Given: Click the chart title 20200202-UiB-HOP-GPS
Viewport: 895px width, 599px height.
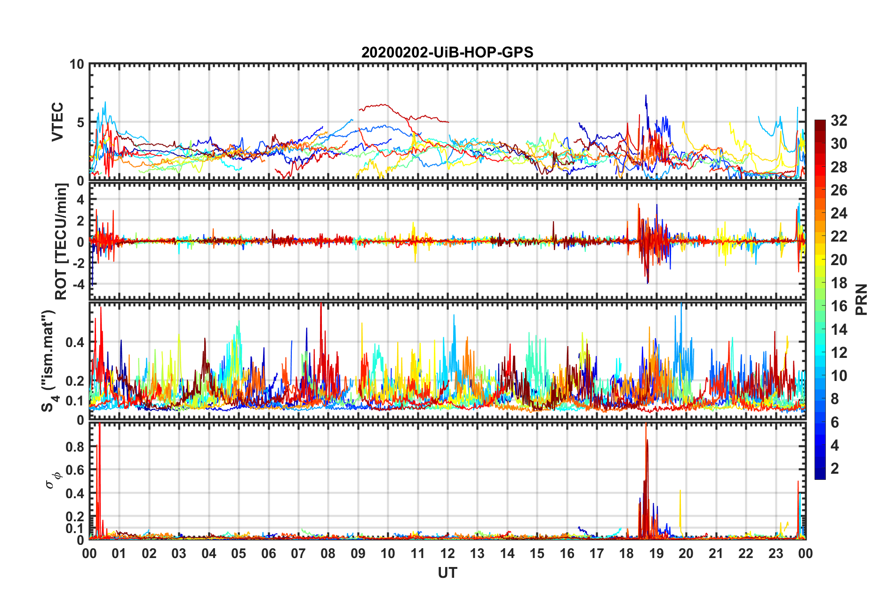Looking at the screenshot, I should coord(447,52).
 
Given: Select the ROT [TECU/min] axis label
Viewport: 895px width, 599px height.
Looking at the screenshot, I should coord(61,242).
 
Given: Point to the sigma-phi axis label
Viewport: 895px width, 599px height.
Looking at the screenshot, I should coord(53,480).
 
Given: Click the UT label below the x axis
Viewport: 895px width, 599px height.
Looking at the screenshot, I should coord(447,573).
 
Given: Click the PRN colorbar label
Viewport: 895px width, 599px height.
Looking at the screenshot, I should coord(862,299).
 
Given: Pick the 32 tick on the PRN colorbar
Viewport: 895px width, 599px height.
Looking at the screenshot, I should coord(839,121).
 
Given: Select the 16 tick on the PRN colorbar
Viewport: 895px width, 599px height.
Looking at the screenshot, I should coord(839,306).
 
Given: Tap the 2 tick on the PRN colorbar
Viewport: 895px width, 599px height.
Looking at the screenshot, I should coord(835,468).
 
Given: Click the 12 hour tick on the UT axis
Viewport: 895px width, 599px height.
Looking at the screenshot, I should coord(447,553).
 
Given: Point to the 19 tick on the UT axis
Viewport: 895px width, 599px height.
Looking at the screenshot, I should coord(656,553).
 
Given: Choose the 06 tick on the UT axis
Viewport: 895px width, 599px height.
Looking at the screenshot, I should coord(269,553).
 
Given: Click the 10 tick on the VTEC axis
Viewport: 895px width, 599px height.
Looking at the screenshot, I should coord(77,65).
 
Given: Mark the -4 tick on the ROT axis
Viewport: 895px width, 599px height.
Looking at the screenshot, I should coord(80,284).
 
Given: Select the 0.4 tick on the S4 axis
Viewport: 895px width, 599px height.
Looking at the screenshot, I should coord(75,342).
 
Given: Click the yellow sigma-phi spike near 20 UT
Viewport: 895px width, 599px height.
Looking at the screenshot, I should coord(680,492).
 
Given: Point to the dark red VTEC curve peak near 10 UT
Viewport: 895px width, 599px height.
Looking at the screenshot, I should coord(384,105).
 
